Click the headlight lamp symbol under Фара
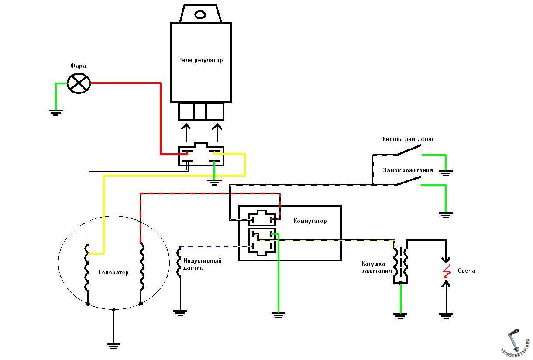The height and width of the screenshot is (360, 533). pyautogui.click(x=79, y=83)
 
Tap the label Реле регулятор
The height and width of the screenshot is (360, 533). pyautogui.click(x=200, y=60)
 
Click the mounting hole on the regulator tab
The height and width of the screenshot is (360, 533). pyautogui.click(x=200, y=15)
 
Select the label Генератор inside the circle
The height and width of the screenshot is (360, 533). pyautogui.click(x=113, y=272)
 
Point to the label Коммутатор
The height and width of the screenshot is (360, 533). pyautogui.click(x=310, y=221)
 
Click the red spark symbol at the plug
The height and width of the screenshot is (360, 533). pyautogui.click(x=447, y=271)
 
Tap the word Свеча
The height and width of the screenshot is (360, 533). pyautogui.click(x=466, y=271)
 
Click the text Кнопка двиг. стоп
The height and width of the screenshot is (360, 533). pyautogui.click(x=408, y=139)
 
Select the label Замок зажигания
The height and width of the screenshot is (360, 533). pyautogui.click(x=408, y=170)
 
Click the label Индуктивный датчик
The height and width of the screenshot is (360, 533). pyautogui.click(x=202, y=264)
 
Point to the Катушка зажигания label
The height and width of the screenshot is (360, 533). pyautogui.click(x=376, y=267)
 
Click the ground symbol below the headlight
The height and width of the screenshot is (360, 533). pyautogui.click(x=56, y=113)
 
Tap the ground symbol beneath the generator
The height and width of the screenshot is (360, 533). pyautogui.click(x=113, y=346)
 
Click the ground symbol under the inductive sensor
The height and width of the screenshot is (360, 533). pyautogui.click(x=180, y=313)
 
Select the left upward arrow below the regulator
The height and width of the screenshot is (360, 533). pyautogui.click(x=186, y=132)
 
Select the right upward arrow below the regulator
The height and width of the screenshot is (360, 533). pyautogui.click(x=217, y=132)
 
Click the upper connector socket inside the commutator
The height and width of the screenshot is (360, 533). pyautogui.click(x=262, y=218)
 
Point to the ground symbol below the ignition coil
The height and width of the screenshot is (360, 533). pyautogui.click(x=400, y=316)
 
